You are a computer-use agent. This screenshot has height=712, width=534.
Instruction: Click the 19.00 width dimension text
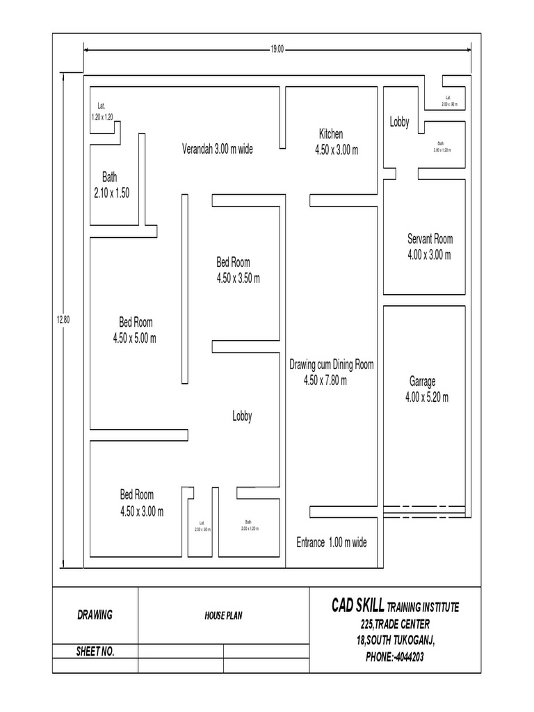pos(277,49)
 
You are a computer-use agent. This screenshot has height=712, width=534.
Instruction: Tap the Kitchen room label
pos(331,134)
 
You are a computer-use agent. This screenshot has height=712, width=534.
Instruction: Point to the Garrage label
pos(423,382)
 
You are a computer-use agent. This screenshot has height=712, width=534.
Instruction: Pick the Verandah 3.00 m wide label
pos(217,149)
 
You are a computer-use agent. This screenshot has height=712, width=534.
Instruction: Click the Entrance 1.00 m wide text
pos(331,542)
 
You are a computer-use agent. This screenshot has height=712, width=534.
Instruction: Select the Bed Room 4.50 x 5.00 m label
pos(135,330)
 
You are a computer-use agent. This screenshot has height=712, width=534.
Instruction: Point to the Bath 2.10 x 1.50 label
pos(111,186)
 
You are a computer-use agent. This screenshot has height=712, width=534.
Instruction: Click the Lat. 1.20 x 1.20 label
pos(102,112)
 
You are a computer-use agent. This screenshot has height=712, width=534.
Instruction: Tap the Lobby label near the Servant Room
pos(399,122)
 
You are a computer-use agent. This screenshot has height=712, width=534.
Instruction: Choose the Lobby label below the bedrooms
pos(242,416)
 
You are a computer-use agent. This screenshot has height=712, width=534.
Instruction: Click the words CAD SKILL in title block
pos(357,607)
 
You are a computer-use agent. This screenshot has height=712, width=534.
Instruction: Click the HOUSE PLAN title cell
pos(223,615)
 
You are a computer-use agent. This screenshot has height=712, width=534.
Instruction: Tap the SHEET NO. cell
pos(95,652)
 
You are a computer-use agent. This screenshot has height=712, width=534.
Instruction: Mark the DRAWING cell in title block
pos(95,615)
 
